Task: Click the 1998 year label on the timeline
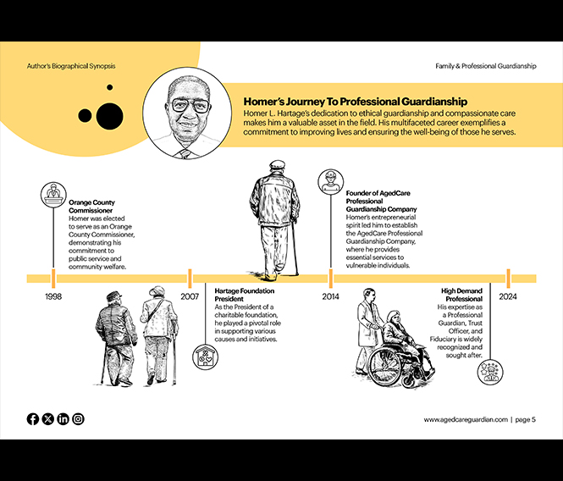click(x=53, y=297)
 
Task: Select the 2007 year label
click(x=190, y=297)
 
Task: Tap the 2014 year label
click(x=331, y=297)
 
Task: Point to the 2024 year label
click(x=508, y=297)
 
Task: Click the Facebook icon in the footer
click(x=33, y=419)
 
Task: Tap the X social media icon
click(x=48, y=419)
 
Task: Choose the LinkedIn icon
click(x=63, y=419)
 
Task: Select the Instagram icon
click(x=78, y=419)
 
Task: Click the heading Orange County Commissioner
click(x=92, y=207)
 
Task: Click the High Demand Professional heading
click(x=461, y=295)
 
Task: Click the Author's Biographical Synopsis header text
click(x=71, y=65)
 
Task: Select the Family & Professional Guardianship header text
click(x=485, y=65)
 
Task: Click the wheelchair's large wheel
click(x=385, y=367)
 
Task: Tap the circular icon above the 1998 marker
click(x=53, y=195)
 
